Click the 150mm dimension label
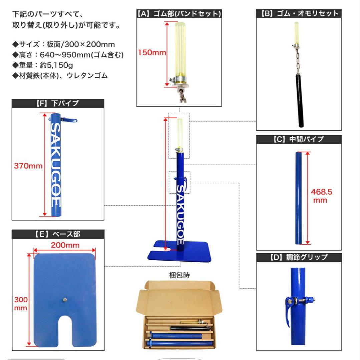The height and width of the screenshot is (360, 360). pos(152,53)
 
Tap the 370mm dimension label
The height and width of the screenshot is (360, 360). pos(28,166)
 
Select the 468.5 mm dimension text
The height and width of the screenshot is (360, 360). pos(321,196)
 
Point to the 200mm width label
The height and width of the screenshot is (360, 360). pos(65,245)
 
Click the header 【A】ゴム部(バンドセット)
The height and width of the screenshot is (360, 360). pos(179,14)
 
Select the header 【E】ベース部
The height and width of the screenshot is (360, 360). pos(57,234)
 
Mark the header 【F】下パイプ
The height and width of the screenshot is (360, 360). pos(57,103)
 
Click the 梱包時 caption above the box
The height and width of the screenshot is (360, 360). pos(179,275)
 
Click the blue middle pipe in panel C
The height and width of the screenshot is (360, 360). pos(299,198)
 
